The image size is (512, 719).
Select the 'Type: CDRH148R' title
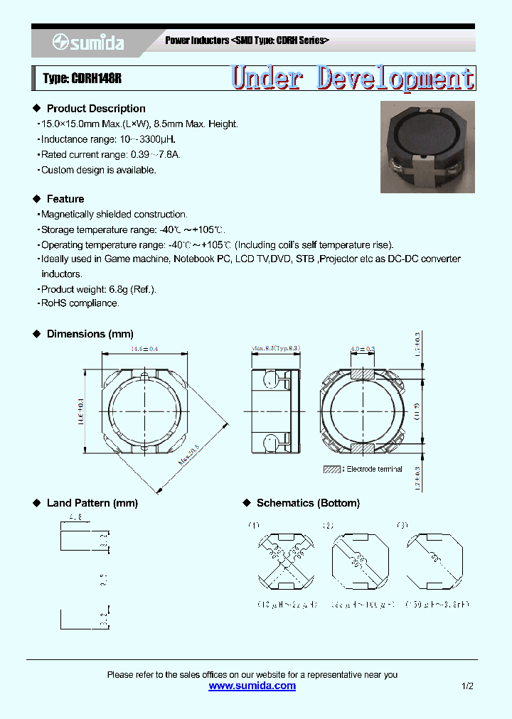pos(82,79)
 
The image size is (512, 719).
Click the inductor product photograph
pos(427,147)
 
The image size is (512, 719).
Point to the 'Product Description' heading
pos(96,109)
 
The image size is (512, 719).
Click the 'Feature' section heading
pos(65,199)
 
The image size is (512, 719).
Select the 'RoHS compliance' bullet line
pos(80,303)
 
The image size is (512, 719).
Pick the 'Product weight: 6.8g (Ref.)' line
pos(98,289)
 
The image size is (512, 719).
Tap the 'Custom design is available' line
pos(98,170)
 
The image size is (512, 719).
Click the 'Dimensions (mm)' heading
pos(90,334)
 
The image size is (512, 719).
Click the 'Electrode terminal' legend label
pos(374,469)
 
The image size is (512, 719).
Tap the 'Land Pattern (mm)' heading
pos(92,503)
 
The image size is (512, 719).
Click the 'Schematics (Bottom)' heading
pos(308,503)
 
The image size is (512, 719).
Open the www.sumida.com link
pos(252,686)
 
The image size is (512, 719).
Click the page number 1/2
pos(467,686)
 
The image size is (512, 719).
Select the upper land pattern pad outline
pos(75,539)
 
